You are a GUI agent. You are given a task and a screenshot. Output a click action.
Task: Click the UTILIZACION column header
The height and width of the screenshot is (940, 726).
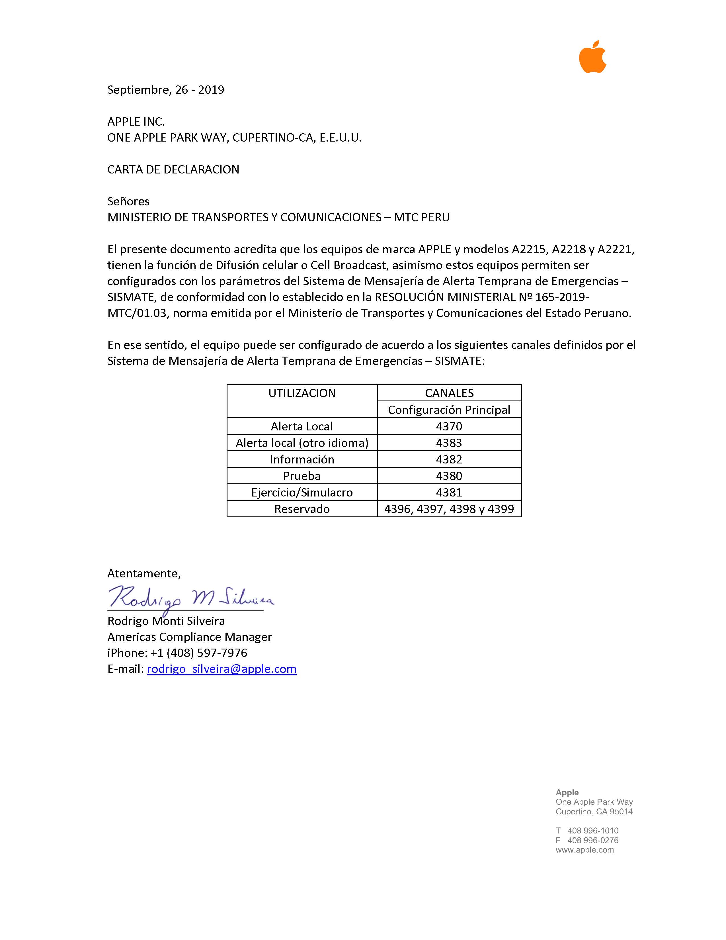click(x=302, y=393)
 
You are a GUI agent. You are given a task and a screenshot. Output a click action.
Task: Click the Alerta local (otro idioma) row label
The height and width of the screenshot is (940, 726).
click(x=302, y=443)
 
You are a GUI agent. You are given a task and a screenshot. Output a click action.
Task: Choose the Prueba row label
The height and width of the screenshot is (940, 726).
click(x=302, y=476)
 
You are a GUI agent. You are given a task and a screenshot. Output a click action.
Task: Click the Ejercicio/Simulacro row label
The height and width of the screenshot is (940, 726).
click(x=302, y=493)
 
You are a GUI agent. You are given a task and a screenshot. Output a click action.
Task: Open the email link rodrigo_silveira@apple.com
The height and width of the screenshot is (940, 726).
click(x=222, y=669)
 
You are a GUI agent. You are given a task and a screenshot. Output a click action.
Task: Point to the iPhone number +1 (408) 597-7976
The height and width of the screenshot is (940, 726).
click(x=199, y=653)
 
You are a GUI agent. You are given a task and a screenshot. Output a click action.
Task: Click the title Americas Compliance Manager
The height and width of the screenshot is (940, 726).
click(x=190, y=637)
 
